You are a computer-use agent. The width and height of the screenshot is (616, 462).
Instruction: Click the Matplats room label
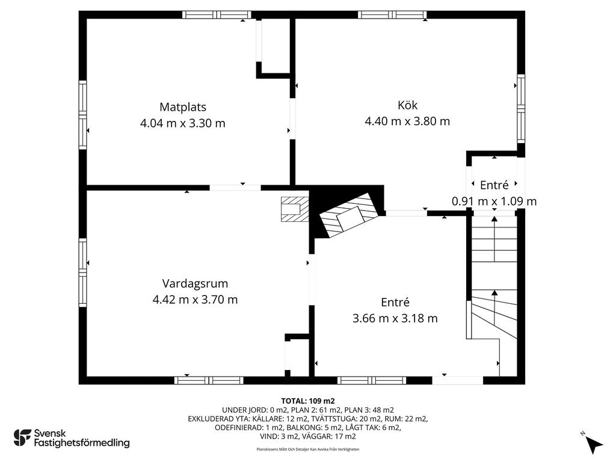tap(183, 107)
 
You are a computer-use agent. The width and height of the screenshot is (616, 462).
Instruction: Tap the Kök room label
tap(407, 105)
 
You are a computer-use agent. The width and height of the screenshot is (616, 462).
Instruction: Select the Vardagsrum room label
tap(196, 283)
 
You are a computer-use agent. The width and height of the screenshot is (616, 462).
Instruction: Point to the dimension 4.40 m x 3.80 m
tap(407, 121)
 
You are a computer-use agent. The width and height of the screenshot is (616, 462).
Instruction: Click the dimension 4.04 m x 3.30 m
tap(183, 123)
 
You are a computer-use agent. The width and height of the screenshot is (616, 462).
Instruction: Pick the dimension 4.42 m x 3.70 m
tap(196, 300)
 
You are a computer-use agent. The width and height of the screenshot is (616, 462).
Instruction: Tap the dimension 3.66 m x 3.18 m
tap(395, 318)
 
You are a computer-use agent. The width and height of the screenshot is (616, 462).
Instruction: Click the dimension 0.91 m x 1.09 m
tap(494, 201)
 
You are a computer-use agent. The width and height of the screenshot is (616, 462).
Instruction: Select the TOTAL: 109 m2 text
tap(308, 401)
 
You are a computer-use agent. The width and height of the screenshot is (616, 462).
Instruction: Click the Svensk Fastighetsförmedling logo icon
tap(22, 438)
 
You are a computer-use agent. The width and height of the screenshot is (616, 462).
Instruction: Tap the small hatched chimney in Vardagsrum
tap(295, 209)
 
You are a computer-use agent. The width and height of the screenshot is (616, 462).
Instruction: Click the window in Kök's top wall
tap(392, 15)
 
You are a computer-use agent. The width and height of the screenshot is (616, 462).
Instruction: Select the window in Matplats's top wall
tap(217, 15)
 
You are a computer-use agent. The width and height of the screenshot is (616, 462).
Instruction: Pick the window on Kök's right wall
tap(521, 108)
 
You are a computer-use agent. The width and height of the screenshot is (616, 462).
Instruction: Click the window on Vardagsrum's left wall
tap(82, 273)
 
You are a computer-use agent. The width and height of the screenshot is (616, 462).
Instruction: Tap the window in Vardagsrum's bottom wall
tap(209, 380)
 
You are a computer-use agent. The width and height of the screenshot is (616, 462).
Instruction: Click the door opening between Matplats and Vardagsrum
tap(235, 188)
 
